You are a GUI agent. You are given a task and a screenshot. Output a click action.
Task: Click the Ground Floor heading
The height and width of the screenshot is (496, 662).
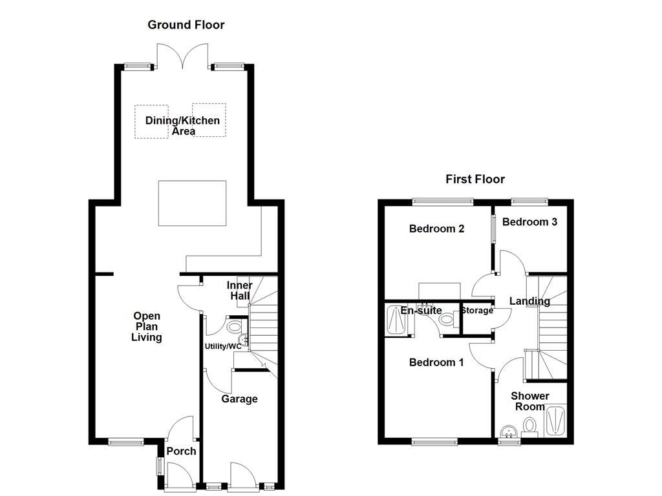186,25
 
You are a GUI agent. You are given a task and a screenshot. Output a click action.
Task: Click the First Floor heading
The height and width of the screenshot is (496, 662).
475,179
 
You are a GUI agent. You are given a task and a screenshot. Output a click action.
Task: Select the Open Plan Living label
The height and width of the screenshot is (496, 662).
147,327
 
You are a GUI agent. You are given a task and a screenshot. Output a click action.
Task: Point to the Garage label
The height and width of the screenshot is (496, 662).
239,399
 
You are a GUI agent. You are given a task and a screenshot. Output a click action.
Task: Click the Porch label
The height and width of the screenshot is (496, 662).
181,451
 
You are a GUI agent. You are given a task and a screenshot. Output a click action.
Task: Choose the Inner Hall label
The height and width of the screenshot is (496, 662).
239,291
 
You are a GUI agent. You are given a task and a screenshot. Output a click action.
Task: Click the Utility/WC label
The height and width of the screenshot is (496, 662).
223,346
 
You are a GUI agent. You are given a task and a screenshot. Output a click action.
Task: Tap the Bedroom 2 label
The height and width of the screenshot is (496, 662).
437,229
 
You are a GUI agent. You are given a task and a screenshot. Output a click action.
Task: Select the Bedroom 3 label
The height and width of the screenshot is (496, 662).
529,222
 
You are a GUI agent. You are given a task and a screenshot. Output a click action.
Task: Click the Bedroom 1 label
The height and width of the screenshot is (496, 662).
436,362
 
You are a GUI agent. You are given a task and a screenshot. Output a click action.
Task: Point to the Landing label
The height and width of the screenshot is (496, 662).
529,301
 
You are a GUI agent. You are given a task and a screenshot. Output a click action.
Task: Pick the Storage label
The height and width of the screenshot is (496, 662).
477,311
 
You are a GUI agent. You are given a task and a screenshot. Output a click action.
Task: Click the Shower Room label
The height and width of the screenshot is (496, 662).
530,401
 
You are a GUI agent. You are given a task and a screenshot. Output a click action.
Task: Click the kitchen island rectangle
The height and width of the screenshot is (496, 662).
193,203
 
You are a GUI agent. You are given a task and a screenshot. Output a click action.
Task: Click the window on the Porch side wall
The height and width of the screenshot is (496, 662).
158,466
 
